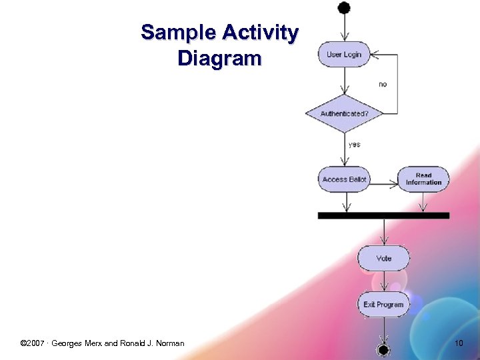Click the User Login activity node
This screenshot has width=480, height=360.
(x=343, y=55)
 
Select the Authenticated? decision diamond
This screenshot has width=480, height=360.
(x=344, y=114)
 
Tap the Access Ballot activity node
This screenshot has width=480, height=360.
(x=344, y=179)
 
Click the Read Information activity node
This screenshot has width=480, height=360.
(x=423, y=179)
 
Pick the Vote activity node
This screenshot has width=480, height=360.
(x=383, y=258)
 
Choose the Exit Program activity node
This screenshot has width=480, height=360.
(x=383, y=305)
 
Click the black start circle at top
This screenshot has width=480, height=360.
(x=344, y=8)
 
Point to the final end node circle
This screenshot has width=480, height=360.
(x=383, y=349)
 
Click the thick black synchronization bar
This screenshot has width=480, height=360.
(x=383, y=215)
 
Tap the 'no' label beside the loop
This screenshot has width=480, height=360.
(x=383, y=85)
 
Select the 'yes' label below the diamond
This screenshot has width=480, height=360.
(x=355, y=145)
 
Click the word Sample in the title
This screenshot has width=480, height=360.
(x=179, y=33)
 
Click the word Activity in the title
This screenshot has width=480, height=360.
(x=261, y=33)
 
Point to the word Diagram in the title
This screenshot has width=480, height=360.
(x=219, y=59)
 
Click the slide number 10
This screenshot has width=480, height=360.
(x=458, y=343)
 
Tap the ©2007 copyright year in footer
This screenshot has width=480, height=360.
(x=33, y=343)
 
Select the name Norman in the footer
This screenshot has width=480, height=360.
(x=169, y=343)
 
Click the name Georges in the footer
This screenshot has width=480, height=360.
(x=67, y=343)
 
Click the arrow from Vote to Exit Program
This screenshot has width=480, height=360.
(x=383, y=281)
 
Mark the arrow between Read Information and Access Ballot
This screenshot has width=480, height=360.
(x=384, y=179)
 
